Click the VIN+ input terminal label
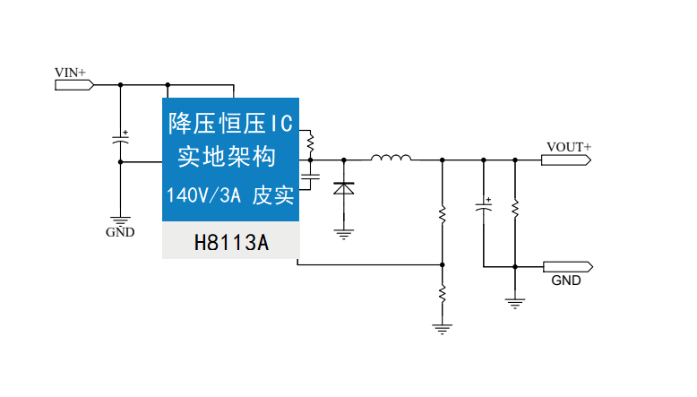point(71,72)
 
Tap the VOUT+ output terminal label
point(569,146)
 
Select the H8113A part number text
point(231,242)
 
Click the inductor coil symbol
point(392,160)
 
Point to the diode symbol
point(343,188)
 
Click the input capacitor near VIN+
point(120,140)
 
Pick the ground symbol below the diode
point(343,235)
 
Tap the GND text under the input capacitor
point(120,232)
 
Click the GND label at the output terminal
point(565,280)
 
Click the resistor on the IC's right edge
point(310,142)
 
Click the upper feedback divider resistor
point(441,214)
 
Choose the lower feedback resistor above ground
point(441,292)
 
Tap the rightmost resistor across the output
point(515,208)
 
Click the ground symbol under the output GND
point(515,302)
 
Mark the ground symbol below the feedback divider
point(441,328)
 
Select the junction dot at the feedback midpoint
point(441,265)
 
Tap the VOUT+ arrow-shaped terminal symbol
point(567,160)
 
